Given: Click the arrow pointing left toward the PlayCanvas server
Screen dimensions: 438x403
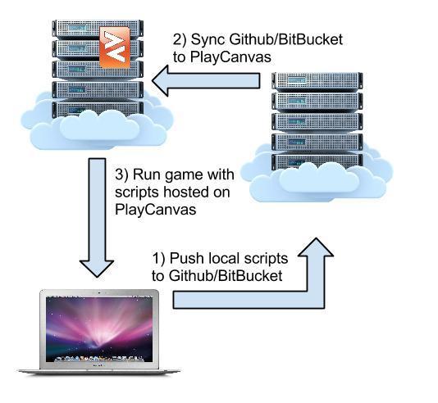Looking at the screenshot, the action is (x=206, y=81).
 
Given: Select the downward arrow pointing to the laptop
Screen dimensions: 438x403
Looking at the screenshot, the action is (x=97, y=218).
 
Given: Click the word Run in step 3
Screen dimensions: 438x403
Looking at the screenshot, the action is (x=144, y=174).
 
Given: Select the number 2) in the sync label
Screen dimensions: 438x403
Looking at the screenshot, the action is (x=180, y=39).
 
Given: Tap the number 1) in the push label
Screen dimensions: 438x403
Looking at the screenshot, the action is (x=159, y=258).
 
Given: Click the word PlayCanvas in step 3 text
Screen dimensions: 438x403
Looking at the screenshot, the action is (x=156, y=209).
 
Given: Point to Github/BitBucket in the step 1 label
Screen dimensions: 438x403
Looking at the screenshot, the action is (x=226, y=276).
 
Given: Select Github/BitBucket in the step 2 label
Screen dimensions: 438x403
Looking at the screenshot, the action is (x=286, y=39).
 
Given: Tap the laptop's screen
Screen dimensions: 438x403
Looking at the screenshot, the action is (x=99, y=329).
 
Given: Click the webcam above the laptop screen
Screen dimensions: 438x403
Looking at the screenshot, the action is (x=99, y=293).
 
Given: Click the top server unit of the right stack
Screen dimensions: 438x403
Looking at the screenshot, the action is (x=317, y=81).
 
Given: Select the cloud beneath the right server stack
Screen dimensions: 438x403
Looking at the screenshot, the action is (x=317, y=179).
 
